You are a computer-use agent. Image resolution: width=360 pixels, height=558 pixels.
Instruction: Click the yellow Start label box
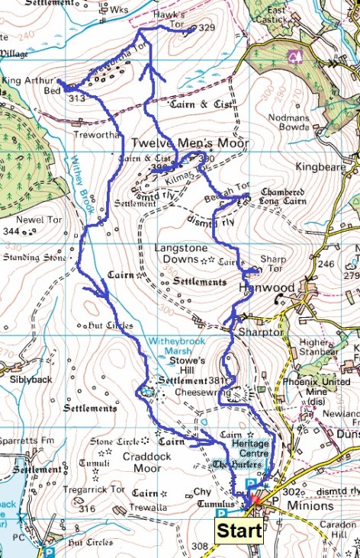pos(239,531)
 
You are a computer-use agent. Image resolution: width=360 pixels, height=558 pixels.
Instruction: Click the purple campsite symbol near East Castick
pos(294,57)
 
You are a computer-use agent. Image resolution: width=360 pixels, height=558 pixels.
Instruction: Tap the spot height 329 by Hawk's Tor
pos(207,27)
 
